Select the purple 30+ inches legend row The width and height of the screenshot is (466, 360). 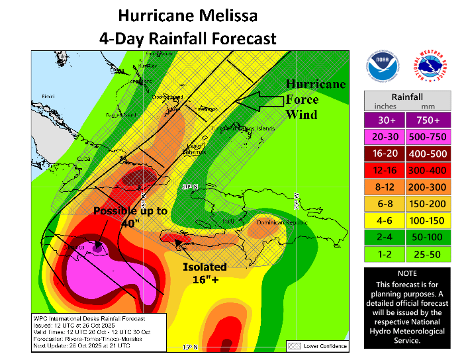click(x=407, y=120)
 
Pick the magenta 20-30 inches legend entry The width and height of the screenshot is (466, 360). click(x=407, y=137)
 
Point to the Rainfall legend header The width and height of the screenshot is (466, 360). click(x=407, y=95)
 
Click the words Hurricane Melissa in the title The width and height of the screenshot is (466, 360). click(x=187, y=15)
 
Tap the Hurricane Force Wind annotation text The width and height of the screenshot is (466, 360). click(x=315, y=99)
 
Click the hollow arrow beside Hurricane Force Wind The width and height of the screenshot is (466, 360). click(x=259, y=101)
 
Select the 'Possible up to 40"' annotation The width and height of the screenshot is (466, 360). click(x=130, y=217)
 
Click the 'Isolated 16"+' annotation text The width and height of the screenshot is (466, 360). click(x=205, y=273)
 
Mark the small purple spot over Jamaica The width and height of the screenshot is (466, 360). click(x=98, y=247)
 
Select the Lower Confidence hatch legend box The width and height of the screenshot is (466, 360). click(x=294, y=345)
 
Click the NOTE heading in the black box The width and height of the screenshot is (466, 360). click(x=407, y=273)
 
